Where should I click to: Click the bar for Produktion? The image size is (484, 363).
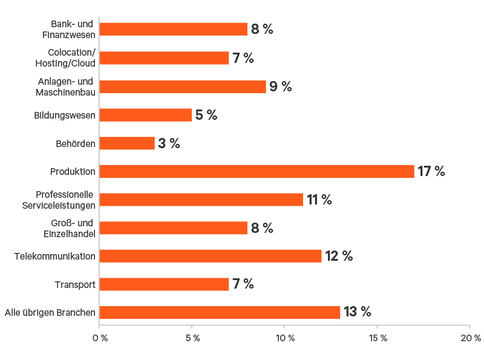(257, 171)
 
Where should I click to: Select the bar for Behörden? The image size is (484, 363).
(127, 143)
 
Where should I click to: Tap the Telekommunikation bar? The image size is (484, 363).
(211, 256)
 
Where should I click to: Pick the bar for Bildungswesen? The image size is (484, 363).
(145, 115)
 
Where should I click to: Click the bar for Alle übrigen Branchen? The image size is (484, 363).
(220, 312)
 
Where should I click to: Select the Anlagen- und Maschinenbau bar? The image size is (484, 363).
(183, 87)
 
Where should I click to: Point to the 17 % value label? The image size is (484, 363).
(431, 171)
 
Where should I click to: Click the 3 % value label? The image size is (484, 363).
(169, 143)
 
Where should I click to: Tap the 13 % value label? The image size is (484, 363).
(358, 312)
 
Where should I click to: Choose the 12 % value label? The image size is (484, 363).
(339, 256)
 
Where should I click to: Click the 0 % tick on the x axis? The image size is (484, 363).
(99, 337)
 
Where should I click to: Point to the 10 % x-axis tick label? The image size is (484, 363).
(284, 337)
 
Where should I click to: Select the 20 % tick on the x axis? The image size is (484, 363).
(469, 337)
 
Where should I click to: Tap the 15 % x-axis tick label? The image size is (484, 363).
(377, 337)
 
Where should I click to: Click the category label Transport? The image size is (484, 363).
(75, 284)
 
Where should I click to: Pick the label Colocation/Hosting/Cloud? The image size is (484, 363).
(71, 58)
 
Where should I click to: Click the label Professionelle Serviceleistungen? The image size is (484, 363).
(65, 200)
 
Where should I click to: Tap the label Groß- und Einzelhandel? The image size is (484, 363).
(72, 228)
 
